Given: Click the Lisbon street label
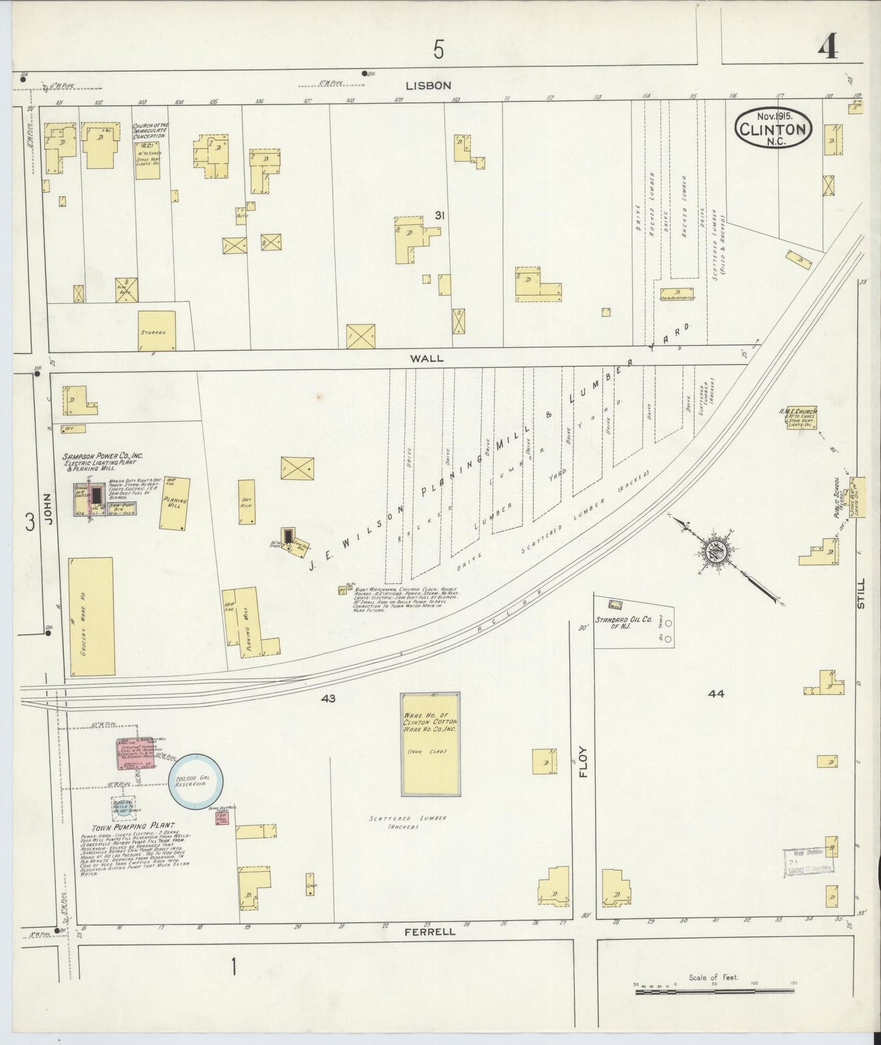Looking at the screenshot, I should click(x=430, y=85).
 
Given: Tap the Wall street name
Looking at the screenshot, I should click(x=427, y=358).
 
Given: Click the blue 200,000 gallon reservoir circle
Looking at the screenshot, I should click(x=196, y=782).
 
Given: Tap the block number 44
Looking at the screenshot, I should click(x=716, y=693).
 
